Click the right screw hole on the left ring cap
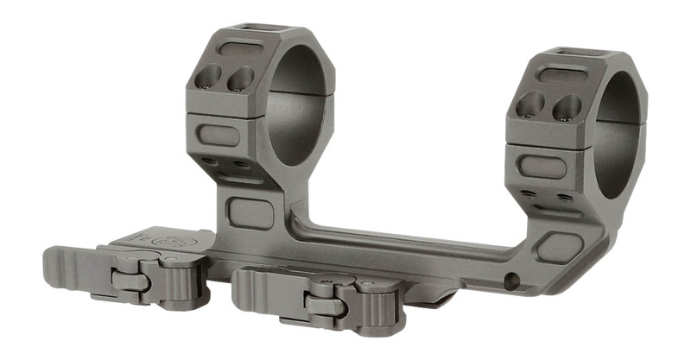pos(240,79)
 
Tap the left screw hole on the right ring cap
pos(530,105)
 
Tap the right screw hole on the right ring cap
pos(566,107)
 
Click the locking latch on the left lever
pos(130,281)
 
